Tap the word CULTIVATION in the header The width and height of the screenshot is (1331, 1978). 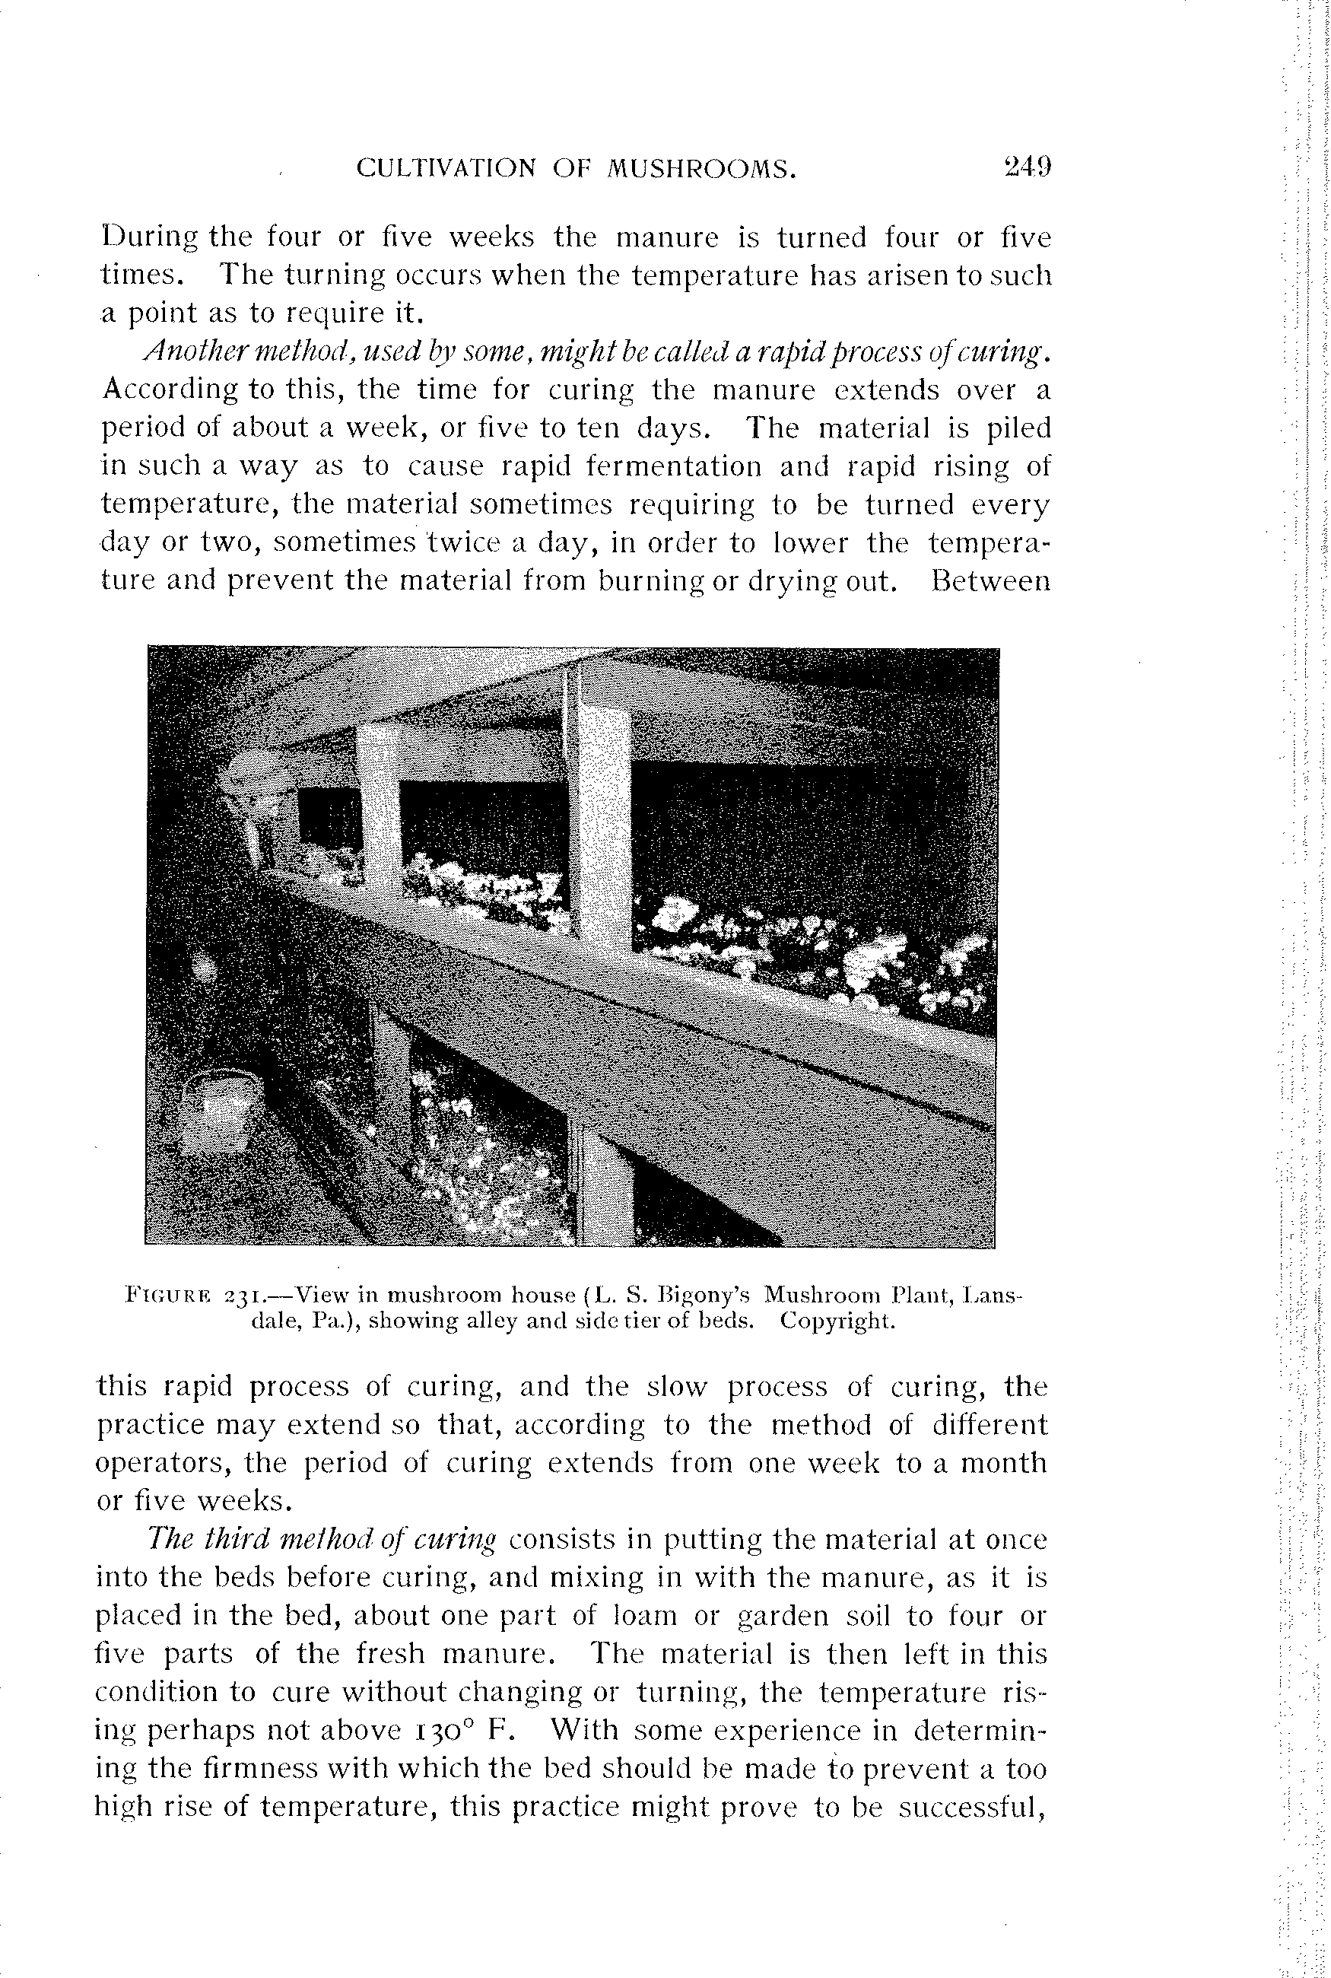446,169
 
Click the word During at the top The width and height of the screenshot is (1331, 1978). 149,237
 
